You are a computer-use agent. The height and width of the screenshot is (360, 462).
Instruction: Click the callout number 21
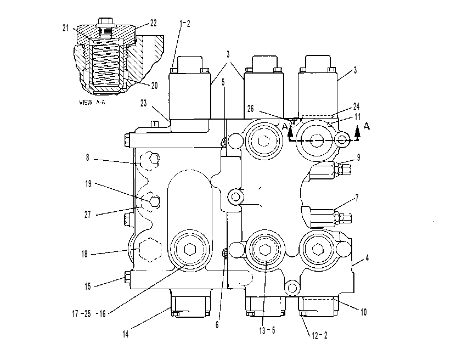pos(65,29)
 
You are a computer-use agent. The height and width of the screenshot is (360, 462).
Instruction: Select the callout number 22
pos(153,23)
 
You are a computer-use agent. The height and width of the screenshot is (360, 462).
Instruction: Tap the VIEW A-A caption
pos(92,103)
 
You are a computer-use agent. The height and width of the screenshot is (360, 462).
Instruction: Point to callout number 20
pos(154,86)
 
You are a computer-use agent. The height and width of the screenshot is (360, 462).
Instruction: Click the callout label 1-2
pos(185,24)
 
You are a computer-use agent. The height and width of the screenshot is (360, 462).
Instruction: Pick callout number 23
pos(144,103)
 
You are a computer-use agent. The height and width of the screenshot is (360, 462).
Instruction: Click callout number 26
pos(250,109)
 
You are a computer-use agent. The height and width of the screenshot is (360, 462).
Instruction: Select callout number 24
pos(357,106)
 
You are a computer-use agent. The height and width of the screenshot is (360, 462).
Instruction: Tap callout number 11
pos(357,117)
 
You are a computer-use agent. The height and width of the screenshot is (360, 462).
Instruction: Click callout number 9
pos(359,157)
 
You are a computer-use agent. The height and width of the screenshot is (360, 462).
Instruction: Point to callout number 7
pos(357,198)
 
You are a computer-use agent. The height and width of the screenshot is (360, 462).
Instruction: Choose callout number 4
pos(367,258)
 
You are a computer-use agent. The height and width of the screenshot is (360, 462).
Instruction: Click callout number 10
pos(364,312)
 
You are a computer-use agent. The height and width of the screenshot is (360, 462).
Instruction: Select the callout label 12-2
pos(319,335)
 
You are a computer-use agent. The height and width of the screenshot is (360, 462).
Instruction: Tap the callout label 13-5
pos(267,330)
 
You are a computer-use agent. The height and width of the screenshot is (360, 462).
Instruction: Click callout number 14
pos(126,334)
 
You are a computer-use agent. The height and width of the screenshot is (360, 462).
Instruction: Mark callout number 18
pos(84,254)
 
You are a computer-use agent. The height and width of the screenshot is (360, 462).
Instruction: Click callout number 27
pos(87,215)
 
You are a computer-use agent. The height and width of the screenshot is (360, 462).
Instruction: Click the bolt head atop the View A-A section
pos(105,21)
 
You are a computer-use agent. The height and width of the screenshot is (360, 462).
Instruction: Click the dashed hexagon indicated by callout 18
pos(150,250)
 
